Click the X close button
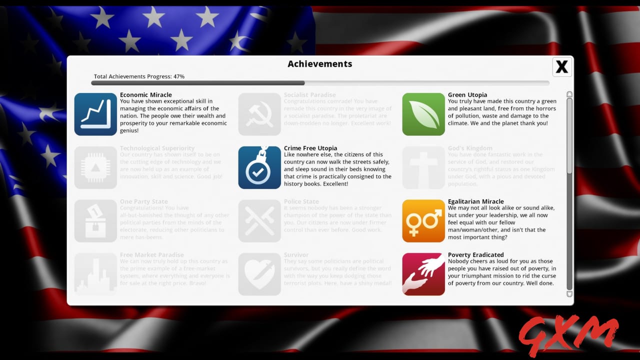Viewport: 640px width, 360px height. coord(562,66)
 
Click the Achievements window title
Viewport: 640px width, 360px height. coord(320,64)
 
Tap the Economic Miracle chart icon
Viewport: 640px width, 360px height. coord(95,114)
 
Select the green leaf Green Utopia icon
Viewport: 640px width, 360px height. coord(423,114)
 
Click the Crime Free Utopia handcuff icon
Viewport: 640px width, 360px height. coord(259,167)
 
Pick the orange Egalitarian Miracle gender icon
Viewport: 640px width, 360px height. coord(423,221)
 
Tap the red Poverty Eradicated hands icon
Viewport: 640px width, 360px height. coord(423,274)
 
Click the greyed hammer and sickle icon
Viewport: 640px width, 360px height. coord(259,114)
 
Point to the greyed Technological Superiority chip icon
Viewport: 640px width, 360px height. coord(95,167)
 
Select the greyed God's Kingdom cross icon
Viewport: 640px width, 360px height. coord(423,167)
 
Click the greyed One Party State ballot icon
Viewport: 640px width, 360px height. coord(95,221)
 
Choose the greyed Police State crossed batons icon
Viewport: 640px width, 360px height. coord(259,221)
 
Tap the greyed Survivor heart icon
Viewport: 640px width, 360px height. coord(259,274)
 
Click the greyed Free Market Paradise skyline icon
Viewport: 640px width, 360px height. coord(95,274)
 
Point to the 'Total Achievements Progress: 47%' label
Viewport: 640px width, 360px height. coord(139,76)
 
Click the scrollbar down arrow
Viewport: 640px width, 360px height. coord(569,294)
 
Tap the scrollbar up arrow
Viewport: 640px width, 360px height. coord(569,94)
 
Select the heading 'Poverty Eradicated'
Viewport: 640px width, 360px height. coord(475,255)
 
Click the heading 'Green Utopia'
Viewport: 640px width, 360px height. coord(467,95)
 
